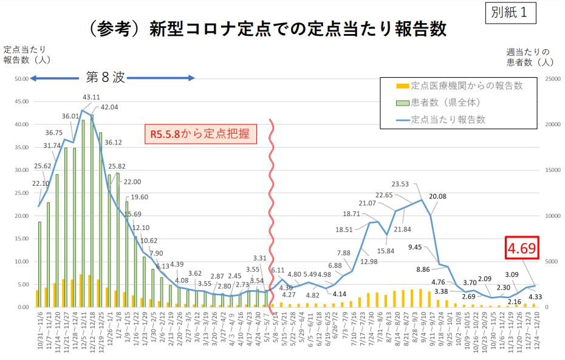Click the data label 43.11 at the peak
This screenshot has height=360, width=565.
(x=91, y=97)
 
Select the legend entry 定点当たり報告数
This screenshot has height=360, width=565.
(x=448, y=120)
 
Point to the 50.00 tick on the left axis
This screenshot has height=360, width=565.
(x=21, y=79)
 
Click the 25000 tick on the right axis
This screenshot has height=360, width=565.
(x=552, y=79)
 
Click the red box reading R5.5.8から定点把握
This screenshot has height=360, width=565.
(x=200, y=133)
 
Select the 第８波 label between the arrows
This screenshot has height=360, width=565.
(x=105, y=77)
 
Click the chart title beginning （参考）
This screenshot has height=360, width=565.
(x=267, y=29)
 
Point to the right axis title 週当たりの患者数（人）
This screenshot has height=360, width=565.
(x=528, y=56)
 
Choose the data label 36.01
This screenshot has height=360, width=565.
(x=70, y=116)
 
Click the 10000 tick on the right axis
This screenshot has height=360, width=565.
(x=552, y=216)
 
